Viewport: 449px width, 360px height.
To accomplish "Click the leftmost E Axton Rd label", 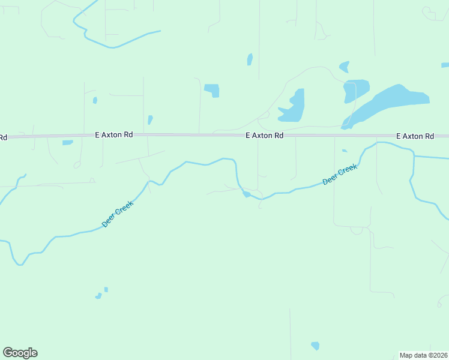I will point(113,136).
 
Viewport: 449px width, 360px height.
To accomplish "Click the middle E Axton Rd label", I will point(264,136).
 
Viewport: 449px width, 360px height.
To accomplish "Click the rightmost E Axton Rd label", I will point(415,137).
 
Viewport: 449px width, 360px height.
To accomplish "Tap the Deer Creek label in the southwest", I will point(118,214).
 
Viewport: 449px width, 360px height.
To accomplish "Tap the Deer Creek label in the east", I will point(340,175).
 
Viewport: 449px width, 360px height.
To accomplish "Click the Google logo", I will point(20,353).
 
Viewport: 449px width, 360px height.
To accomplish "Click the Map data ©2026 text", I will point(423,355).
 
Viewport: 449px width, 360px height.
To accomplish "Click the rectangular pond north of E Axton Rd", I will point(212,90).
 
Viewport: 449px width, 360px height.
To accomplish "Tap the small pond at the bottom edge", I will point(315,346).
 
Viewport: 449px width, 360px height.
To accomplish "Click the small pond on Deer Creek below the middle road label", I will point(246,194).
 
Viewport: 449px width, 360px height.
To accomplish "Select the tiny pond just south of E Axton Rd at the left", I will point(67,143).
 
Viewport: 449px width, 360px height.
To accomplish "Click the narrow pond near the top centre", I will point(250,59).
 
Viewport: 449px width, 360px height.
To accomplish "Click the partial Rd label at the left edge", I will point(3,137).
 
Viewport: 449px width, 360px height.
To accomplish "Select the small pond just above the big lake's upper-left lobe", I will point(344,67).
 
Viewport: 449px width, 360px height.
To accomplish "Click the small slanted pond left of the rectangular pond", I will point(150,119).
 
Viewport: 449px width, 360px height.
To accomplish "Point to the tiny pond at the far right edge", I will point(445,65).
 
